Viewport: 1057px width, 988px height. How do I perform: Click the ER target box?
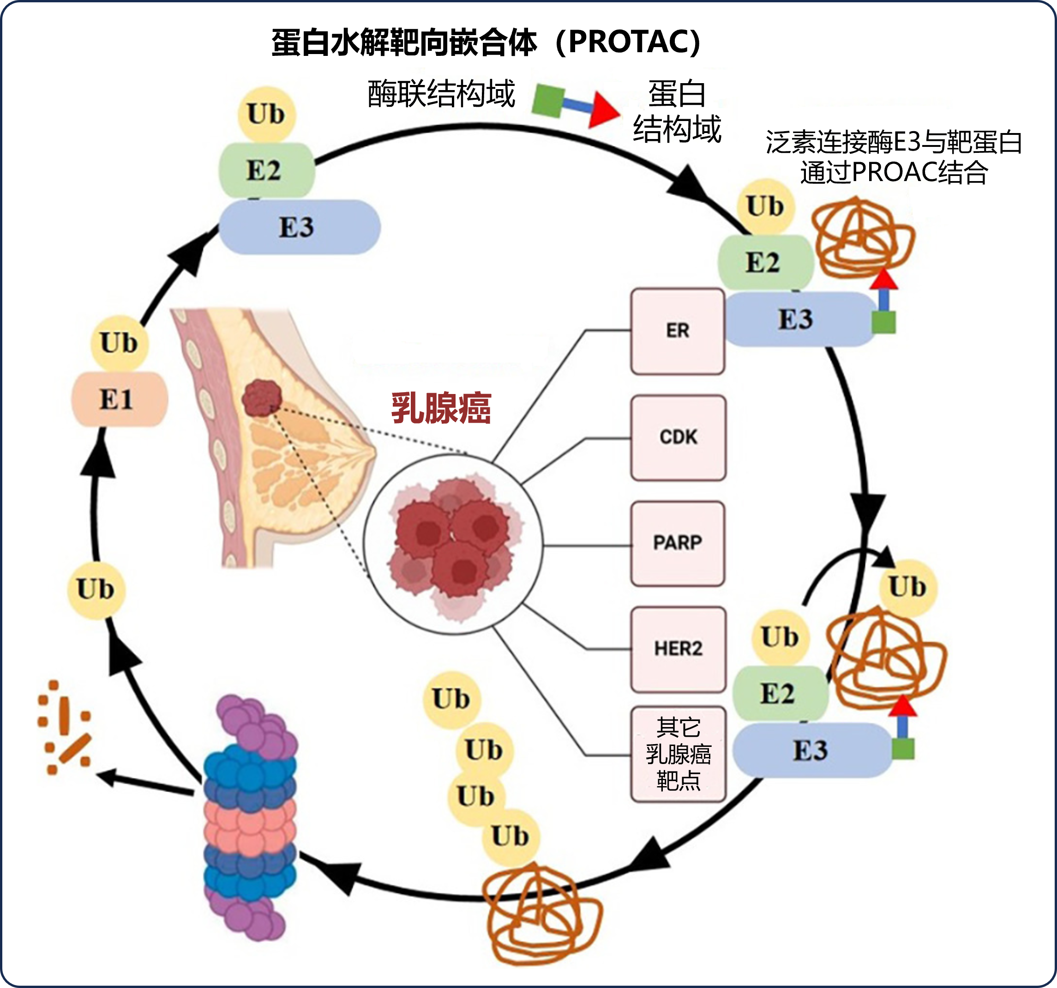[678, 331]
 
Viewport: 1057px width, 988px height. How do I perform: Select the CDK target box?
[678, 437]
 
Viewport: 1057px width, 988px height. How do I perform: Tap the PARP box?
[678, 543]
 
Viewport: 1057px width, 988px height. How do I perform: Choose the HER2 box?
[678, 649]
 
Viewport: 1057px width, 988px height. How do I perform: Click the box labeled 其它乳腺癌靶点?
[678, 754]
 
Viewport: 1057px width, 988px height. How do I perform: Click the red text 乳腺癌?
[441, 409]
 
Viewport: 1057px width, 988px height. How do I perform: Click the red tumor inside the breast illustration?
[262, 397]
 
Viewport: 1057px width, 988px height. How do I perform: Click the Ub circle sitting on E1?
[119, 343]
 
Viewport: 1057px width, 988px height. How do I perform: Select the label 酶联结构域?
[441, 94]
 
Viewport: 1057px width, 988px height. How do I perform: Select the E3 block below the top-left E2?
[300, 227]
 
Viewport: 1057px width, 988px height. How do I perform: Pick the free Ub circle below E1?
[96, 589]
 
